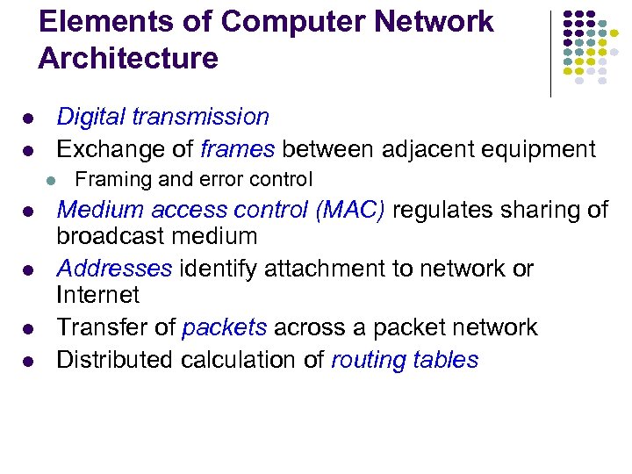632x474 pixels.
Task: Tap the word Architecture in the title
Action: coord(128,59)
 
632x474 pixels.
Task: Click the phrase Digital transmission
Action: coord(162,117)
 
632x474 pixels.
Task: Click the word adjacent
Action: coord(416,149)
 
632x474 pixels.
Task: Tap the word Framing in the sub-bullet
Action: coord(108,181)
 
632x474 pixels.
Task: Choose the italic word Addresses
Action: coord(114,268)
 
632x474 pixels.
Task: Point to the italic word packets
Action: coord(224,328)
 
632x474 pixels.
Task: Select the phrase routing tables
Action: coord(405,361)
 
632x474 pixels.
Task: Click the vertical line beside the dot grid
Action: coord(550,53)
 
